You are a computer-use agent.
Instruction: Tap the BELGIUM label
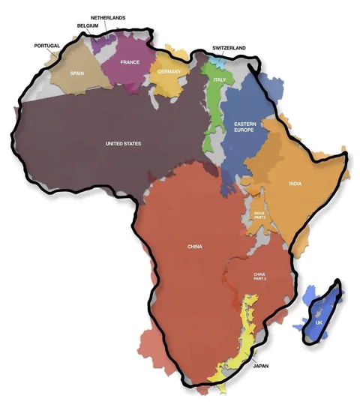click(88, 25)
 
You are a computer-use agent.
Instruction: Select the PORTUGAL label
click(47, 46)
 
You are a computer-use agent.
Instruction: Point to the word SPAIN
click(77, 73)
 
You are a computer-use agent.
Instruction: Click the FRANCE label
click(130, 62)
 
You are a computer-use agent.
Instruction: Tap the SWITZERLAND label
click(229, 48)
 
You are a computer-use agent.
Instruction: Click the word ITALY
click(220, 79)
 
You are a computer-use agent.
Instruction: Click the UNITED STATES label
click(123, 143)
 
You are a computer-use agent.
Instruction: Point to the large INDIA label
click(295, 184)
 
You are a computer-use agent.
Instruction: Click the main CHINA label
click(195, 246)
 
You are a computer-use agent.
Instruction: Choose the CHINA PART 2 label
click(260, 276)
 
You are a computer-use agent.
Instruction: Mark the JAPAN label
click(260, 367)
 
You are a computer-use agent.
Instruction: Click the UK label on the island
click(319, 322)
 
